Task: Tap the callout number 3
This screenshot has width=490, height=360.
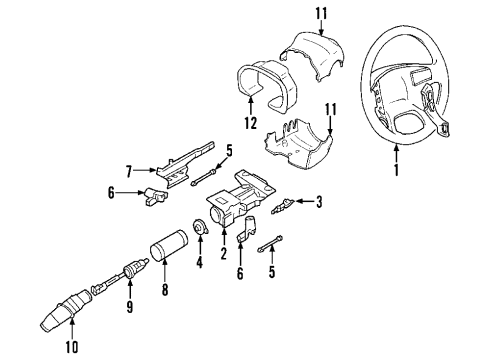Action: [319, 204]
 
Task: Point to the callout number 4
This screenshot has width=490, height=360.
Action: [198, 264]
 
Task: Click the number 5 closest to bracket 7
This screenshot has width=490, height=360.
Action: [230, 153]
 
